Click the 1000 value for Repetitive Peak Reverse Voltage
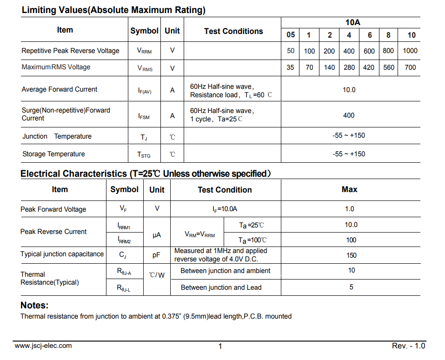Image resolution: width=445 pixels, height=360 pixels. [x=410, y=51]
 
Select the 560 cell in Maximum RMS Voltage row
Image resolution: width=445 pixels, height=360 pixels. [x=389, y=67]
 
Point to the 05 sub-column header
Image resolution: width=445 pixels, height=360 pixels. [x=291, y=35]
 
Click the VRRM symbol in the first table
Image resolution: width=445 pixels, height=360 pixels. [x=144, y=51]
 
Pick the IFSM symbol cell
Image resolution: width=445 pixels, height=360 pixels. [x=144, y=116]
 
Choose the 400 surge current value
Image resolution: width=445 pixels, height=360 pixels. [x=349, y=115]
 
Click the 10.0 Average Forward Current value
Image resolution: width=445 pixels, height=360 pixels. [x=349, y=90]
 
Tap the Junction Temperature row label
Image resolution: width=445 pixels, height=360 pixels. [x=57, y=136]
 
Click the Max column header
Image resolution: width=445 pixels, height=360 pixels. [x=350, y=189]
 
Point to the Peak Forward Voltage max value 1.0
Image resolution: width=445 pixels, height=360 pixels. [x=350, y=209]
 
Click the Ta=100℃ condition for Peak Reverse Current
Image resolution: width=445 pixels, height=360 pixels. [x=252, y=240]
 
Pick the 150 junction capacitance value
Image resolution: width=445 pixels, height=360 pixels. [x=352, y=255]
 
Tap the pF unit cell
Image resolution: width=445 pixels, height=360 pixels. [x=156, y=255]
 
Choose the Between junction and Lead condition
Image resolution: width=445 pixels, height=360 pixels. [x=221, y=287]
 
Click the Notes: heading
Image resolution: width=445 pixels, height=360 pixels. [x=34, y=306]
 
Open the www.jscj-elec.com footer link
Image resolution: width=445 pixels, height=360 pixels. [x=43, y=346]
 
